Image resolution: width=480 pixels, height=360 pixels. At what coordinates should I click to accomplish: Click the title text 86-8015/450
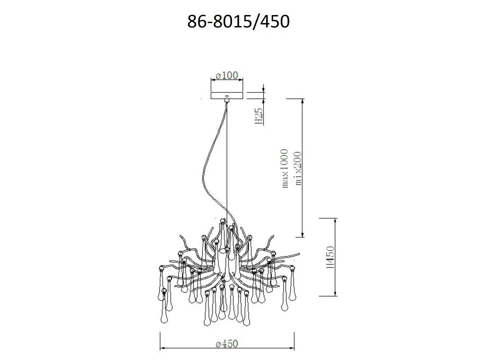click(x=238, y=21)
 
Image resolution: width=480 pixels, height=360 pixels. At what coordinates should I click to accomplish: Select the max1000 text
click(x=285, y=169)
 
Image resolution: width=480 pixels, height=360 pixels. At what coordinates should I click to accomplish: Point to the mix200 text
click(x=298, y=169)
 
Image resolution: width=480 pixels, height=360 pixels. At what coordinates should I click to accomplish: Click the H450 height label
click(x=330, y=257)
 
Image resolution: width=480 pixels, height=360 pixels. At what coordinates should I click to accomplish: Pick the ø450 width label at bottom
click(x=227, y=344)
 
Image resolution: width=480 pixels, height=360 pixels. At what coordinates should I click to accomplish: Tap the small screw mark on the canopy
click(x=227, y=96)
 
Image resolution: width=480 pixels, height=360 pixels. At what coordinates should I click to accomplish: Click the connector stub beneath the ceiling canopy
click(x=227, y=101)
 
